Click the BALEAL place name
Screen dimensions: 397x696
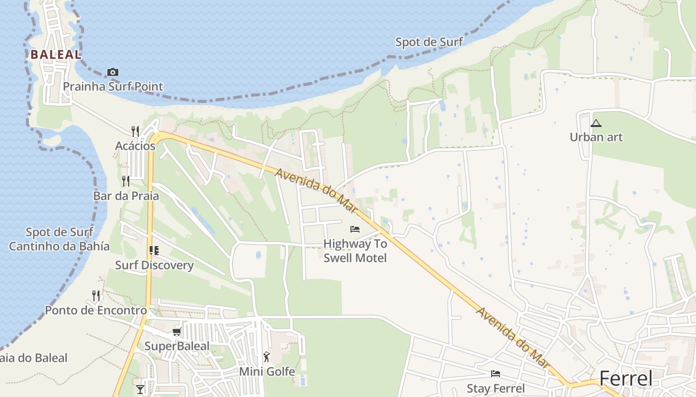point(56,55)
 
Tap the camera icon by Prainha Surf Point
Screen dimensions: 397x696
point(113,72)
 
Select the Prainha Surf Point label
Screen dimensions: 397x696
point(113,86)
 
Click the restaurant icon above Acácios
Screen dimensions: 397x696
point(135,131)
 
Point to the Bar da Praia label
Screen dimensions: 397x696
point(126,196)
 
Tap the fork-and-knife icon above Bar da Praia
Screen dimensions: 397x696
point(126,181)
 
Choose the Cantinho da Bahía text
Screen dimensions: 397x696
point(59,246)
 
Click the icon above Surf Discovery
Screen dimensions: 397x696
point(154,251)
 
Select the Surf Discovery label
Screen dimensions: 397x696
point(154,265)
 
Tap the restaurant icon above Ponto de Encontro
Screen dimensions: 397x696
point(96,296)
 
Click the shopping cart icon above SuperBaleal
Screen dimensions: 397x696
point(176,331)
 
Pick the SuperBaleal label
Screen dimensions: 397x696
point(176,346)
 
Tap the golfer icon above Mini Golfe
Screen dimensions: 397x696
point(267,356)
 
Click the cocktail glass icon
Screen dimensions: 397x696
point(140,390)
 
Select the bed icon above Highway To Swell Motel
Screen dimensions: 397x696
point(355,229)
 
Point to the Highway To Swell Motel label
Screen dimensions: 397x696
point(355,251)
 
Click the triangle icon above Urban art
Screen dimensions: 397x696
point(596,123)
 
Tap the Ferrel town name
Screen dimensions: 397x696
point(625,379)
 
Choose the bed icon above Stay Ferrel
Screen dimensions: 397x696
point(496,374)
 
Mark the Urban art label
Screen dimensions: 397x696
point(596,137)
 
